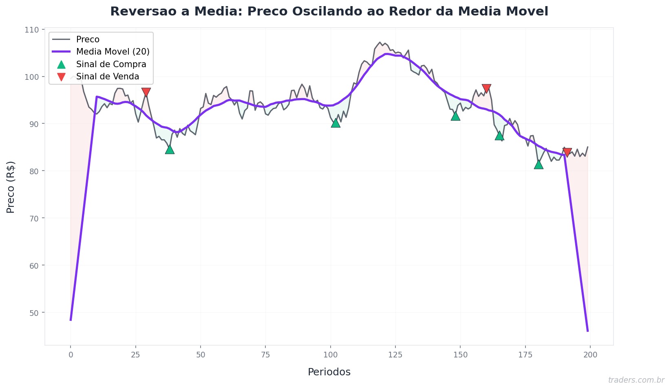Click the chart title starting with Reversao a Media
pyautogui.click(x=329, y=11)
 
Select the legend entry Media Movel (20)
pyautogui.click(x=113, y=52)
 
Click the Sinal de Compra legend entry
pyautogui.click(x=111, y=64)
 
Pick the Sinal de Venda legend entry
pyautogui.click(x=108, y=77)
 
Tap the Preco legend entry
pyautogui.click(x=88, y=39)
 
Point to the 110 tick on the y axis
pyautogui.click(x=34, y=30)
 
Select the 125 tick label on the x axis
pyautogui.click(x=395, y=355)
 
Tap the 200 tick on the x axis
pyautogui.click(x=590, y=355)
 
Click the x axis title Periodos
pyautogui.click(x=329, y=372)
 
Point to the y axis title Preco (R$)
pyautogui.click(x=11, y=187)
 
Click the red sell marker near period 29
pyautogui.click(x=146, y=92)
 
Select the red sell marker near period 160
pyautogui.click(x=486, y=89)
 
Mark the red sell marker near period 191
pyautogui.click(x=567, y=153)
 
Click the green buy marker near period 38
pyautogui.click(x=170, y=150)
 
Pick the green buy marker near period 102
pyautogui.click(x=335, y=123)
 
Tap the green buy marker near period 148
pyautogui.click(x=455, y=116)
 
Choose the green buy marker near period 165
pyautogui.click(x=499, y=136)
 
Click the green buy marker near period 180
pyautogui.click(x=539, y=164)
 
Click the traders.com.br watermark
pyautogui.click(x=636, y=380)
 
